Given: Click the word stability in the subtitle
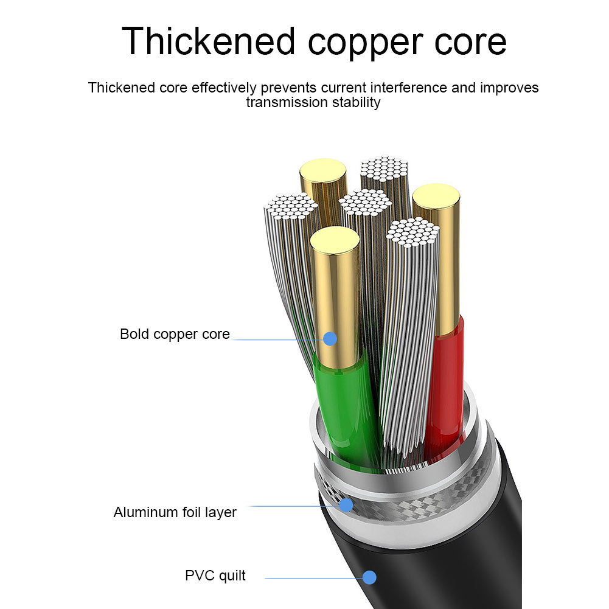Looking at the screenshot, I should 356,102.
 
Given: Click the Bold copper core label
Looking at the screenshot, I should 175,334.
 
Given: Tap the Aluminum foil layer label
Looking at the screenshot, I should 175,512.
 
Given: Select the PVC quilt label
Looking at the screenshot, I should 215,576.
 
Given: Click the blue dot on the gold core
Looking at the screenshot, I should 330,338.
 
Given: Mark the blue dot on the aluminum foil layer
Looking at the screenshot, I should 346,505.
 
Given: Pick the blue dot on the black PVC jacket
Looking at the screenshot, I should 370,577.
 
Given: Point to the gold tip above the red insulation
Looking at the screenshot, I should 436,198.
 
